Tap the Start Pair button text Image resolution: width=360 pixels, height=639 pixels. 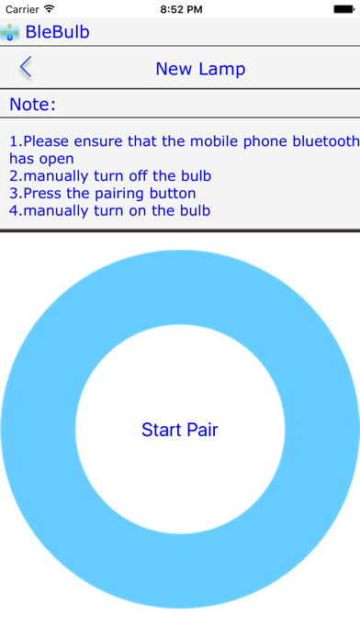(x=180, y=430)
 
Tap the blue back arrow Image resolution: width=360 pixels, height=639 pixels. (x=25, y=67)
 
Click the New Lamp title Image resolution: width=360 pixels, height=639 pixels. (x=200, y=69)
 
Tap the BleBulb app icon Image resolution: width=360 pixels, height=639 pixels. (x=12, y=32)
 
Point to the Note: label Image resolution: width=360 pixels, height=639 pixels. (x=33, y=104)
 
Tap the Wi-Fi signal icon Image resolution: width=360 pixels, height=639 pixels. (x=52, y=9)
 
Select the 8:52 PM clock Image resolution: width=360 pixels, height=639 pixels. (x=180, y=9)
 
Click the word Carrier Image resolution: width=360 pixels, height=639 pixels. (x=23, y=9)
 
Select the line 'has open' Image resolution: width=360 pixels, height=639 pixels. (x=41, y=159)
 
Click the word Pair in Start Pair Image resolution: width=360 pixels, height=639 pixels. (x=202, y=430)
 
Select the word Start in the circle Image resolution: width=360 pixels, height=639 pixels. (x=161, y=430)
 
